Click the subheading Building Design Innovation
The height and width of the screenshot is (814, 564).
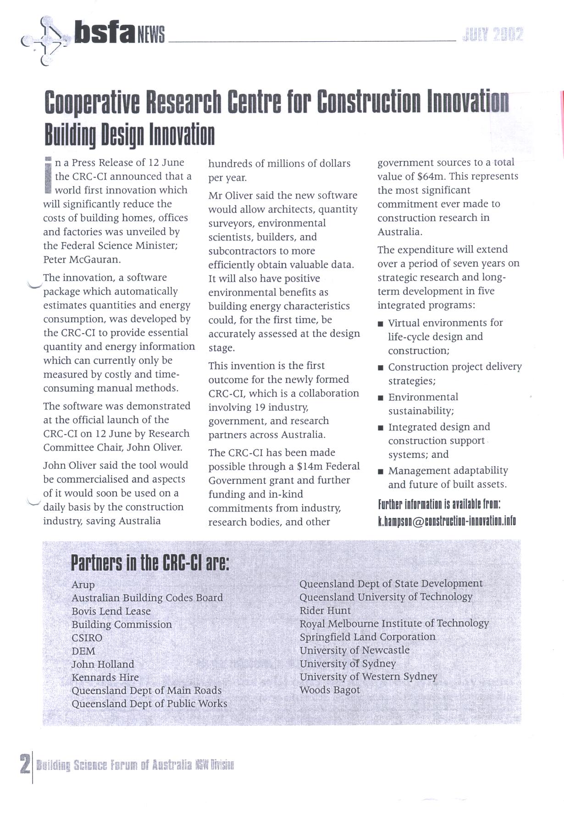[129, 134]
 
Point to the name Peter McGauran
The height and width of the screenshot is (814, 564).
[82, 259]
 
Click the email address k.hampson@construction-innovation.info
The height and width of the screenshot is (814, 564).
[447, 521]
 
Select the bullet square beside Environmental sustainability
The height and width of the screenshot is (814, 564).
[381, 398]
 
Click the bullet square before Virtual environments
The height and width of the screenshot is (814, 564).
[381, 324]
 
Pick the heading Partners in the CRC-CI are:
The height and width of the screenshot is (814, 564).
[149, 563]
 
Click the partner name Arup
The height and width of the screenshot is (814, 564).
[83, 585]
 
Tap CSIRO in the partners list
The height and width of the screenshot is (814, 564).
[87, 638]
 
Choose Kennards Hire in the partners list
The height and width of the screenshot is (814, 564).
[105, 677]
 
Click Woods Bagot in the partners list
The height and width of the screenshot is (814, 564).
[330, 690]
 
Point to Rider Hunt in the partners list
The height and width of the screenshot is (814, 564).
[325, 610]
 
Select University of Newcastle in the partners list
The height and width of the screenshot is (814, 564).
[354, 650]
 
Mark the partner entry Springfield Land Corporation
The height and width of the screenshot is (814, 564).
[367, 637]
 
